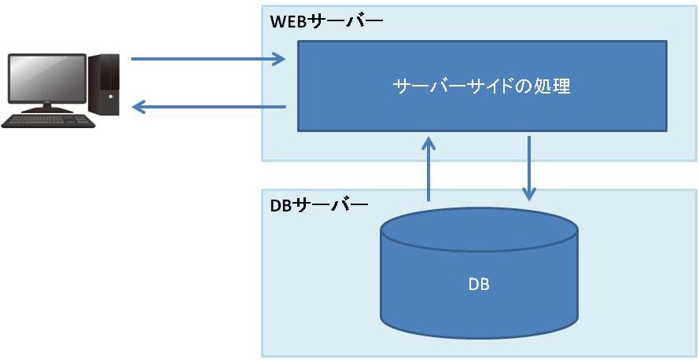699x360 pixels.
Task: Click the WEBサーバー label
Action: click(326, 22)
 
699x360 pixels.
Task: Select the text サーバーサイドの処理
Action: click(481, 86)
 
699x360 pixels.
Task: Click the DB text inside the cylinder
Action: click(478, 284)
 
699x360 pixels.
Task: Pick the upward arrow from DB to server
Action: click(429, 169)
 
